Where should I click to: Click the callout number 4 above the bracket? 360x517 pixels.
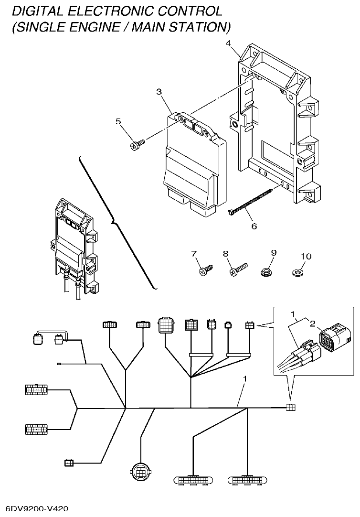pyautogui.click(x=228, y=44)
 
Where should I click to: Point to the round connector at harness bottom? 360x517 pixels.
pyautogui.click(x=140, y=472)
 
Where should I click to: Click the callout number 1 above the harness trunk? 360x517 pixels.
pyautogui.click(x=245, y=378)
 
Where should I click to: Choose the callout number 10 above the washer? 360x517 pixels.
pyautogui.click(x=306, y=257)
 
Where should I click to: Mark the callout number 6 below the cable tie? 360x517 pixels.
pyautogui.click(x=254, y=226)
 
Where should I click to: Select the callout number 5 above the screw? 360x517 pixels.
pyautogui.click(x=118, y=121)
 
